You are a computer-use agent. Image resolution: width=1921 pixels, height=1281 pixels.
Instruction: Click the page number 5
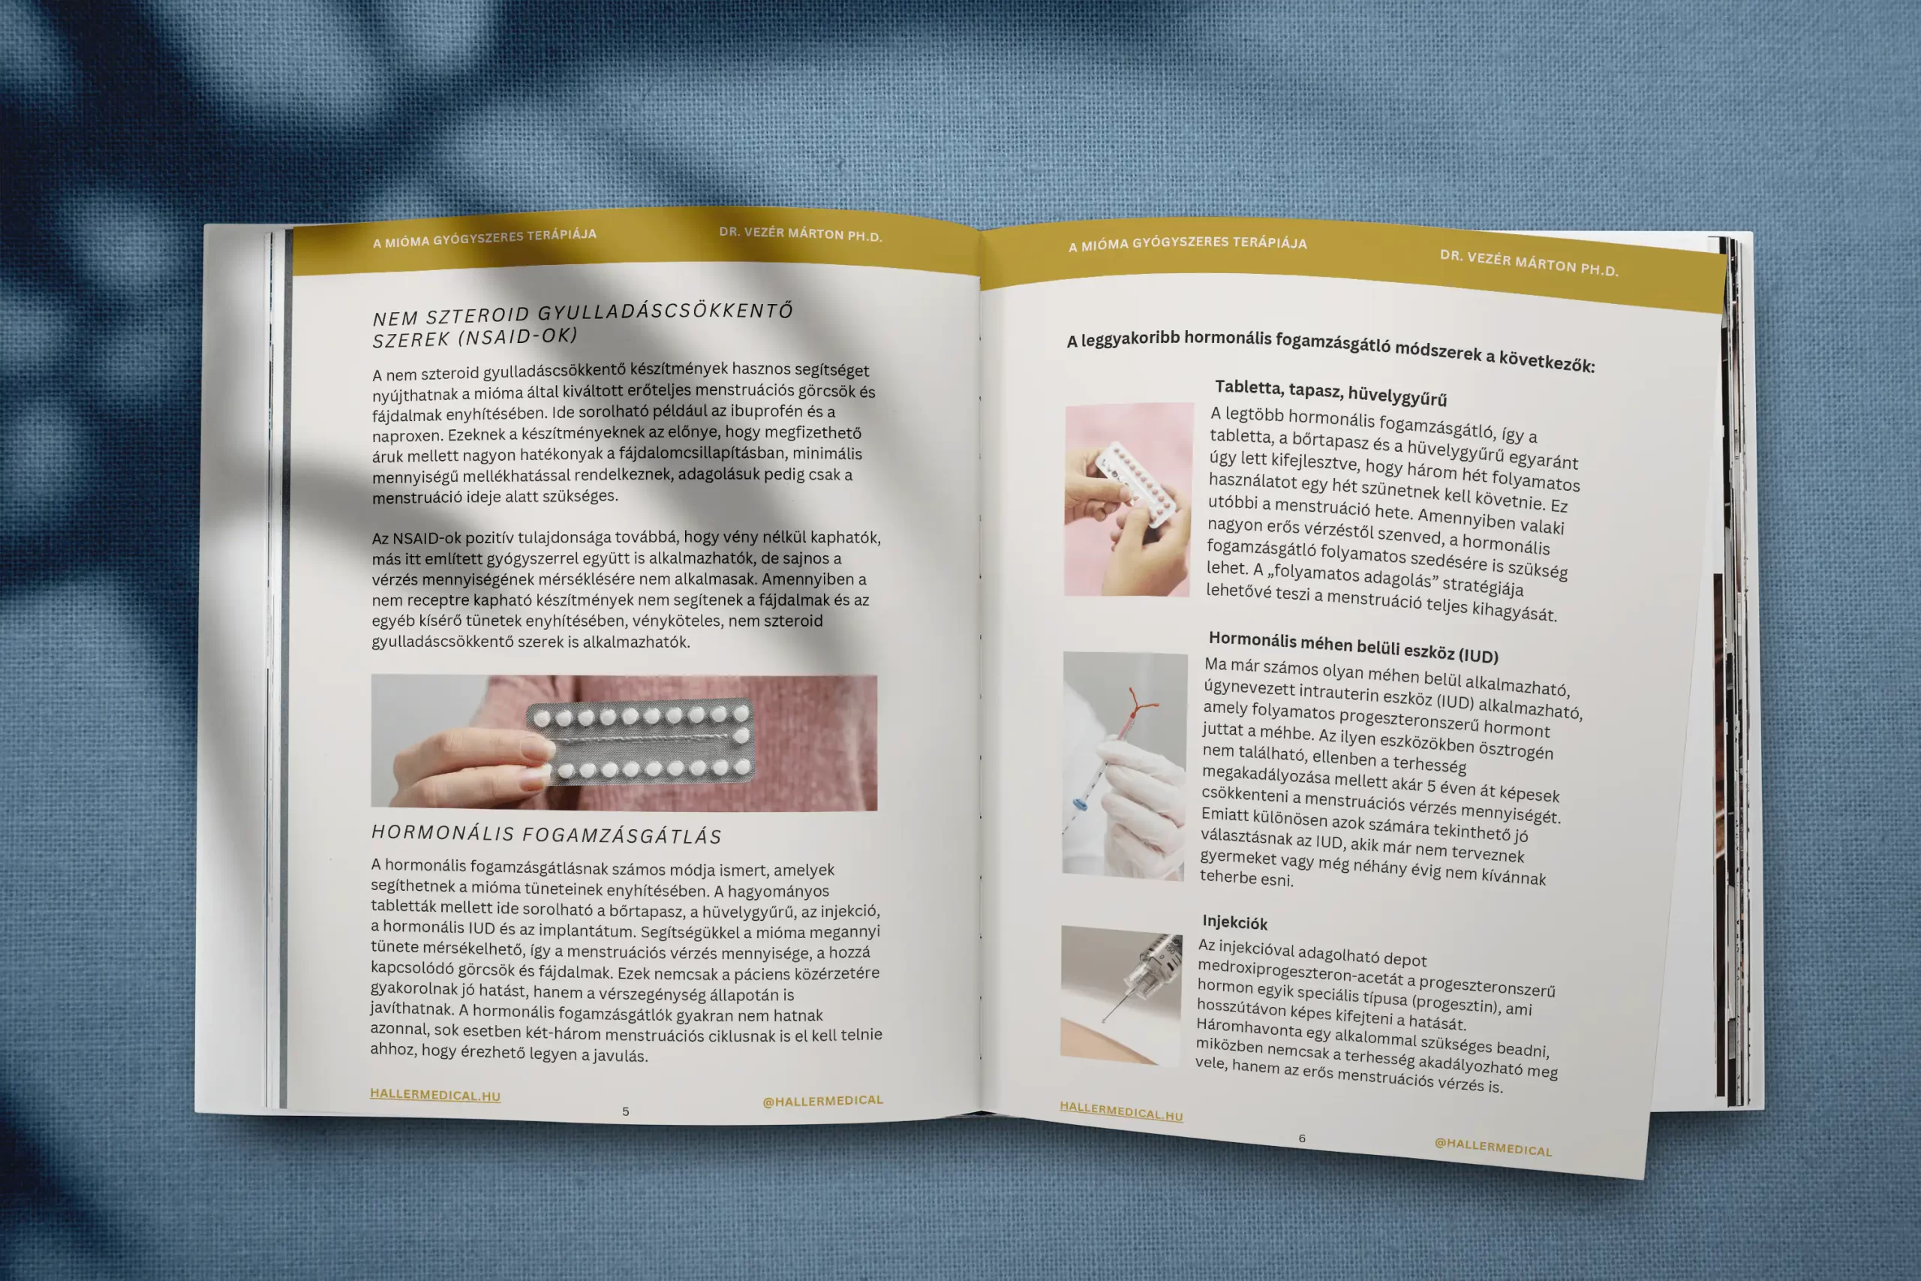pyautogui.click(x=626, y=1111)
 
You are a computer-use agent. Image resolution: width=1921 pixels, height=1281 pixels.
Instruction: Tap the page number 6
pyautogui.click(x=1302, y=1138)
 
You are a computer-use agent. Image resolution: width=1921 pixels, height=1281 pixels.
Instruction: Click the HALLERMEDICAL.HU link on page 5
pyautogui.click(x=435, y=1095)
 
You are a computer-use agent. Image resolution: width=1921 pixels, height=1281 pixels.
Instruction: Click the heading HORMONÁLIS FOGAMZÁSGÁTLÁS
pyautogui.click(x=546, y=834)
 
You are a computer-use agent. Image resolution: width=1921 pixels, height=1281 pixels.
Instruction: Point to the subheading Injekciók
pyautogui.click(x=1234, y=922)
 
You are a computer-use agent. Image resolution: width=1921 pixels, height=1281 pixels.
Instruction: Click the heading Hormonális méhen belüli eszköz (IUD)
pyautogui.click(x=1354, y=647)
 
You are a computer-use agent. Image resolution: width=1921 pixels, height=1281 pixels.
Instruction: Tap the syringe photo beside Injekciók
pyautogui.click(x=1121, y=995)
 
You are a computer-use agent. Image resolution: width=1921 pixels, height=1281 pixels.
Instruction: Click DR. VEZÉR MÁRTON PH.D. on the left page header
pyautogui.click(x=801, y=234)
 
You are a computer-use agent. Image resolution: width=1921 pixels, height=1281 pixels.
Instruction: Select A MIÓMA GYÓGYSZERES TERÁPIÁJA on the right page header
pyautogui.click(x=1188, y=242)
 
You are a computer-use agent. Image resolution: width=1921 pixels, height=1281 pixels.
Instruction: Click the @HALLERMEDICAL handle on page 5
pyautogui.click(x=822, y=1101)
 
